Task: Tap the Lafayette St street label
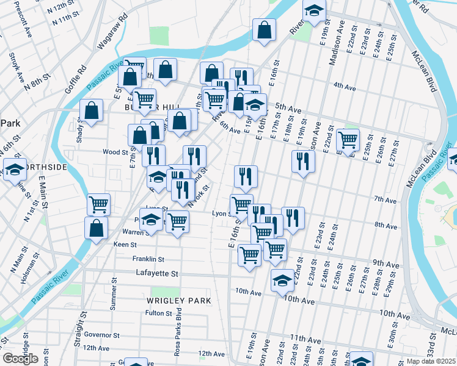click(x=157, y=273)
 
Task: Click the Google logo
click(x=21, y=359)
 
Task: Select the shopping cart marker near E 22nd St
click(x=348, y=140)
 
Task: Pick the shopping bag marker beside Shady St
click(x=91, y=112)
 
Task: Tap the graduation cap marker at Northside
click(x=15, y=169)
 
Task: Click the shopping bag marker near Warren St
click(x=97, y=228)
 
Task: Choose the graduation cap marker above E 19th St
click(x=314, y=10)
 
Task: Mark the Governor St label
click(x=101, y=335)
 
